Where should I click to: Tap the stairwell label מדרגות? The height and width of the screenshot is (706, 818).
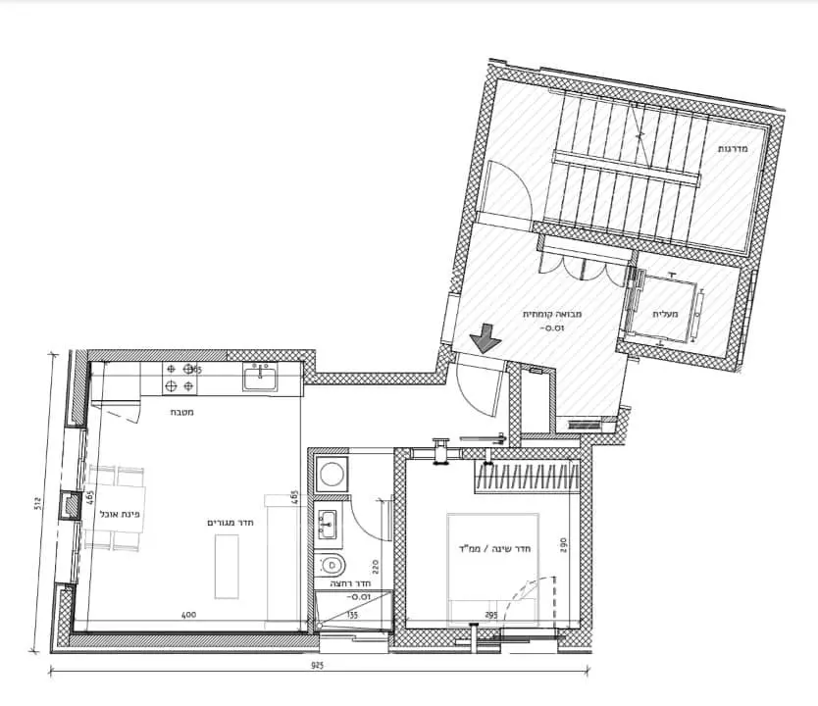[734, 149]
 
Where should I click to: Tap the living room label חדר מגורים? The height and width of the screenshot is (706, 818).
[231, 522]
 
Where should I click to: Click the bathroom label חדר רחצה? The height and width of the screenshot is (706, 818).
[351, 581]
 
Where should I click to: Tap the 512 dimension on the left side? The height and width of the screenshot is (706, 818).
[36, 504]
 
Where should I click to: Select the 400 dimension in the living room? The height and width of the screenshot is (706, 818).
[189, 615]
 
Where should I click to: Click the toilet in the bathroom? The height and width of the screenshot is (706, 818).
[333, 564]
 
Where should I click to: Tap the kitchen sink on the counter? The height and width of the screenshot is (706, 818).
[260, 378]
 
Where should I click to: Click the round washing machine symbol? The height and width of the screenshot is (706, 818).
[332, 475]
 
